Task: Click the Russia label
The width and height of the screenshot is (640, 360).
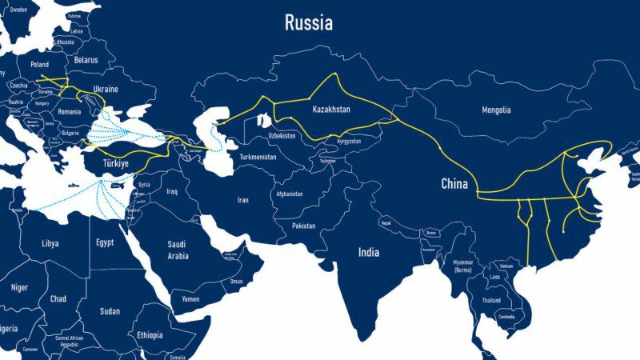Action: [309, 23]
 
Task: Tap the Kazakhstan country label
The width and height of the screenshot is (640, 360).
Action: [331, 108]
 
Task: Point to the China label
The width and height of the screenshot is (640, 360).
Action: [455, 184]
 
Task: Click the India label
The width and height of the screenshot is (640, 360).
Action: [368, 252]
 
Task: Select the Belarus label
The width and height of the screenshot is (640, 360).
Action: [86, 60]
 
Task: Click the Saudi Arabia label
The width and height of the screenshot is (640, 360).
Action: [177, 250]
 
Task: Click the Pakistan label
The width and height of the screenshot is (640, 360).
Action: [304, 226]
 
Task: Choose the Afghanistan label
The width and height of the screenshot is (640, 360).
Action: [288, 194]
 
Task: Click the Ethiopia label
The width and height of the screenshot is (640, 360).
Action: [150, 335]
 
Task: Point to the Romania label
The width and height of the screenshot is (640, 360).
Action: [70, 111]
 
